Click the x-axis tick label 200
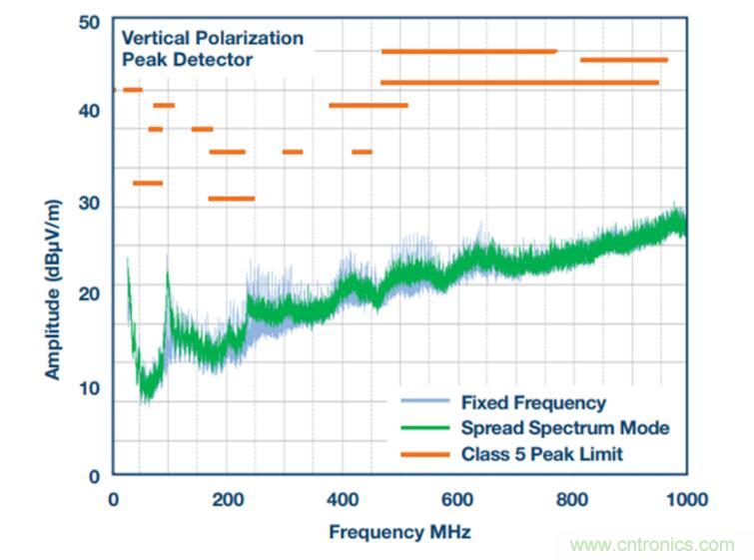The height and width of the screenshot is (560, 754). point(229,499)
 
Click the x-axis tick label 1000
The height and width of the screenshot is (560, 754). point(685,499)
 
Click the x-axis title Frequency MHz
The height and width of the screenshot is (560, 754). point(399,532)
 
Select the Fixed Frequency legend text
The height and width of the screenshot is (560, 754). point(533,403)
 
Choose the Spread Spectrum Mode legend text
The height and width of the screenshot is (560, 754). point(564,428)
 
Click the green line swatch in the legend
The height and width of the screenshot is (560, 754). point(425,428)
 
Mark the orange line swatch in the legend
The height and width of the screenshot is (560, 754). point(425,453)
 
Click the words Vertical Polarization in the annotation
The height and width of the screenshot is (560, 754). point(212,38)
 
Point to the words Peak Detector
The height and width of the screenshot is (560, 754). point(187,60)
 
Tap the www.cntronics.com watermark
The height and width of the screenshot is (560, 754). point(652,545)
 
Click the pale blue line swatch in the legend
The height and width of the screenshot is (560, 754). point(425,403)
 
